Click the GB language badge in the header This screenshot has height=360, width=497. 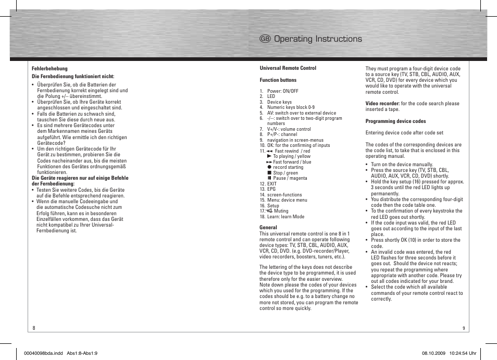pos(265,39)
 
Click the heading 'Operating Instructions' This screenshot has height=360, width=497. pos(318,39)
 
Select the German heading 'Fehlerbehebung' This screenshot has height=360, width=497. pos(49,68)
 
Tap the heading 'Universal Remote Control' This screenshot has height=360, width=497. pos(288,68)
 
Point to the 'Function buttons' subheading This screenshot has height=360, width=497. pos(278,80)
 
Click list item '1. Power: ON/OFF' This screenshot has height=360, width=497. pos(279,91)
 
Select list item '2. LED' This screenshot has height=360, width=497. pos(267,96)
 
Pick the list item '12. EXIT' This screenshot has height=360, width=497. pos(268,184)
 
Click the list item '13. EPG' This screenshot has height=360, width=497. pos(268,189)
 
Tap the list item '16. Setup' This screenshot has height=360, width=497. pos(269,206)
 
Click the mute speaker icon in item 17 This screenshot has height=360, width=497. pos(269,211)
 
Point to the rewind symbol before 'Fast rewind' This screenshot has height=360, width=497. pos(269,151)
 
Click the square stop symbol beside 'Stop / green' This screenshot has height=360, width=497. pos(270,173)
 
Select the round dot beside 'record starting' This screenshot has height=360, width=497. pos(270,167)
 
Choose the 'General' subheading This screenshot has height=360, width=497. pos(268,228)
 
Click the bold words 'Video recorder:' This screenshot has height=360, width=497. pos(382,104)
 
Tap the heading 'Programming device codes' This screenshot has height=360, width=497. pos(395,121)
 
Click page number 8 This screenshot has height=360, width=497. pos(34,328)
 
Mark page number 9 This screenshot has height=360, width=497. pos(463,328)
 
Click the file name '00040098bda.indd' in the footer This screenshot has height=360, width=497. pos(43,353)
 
